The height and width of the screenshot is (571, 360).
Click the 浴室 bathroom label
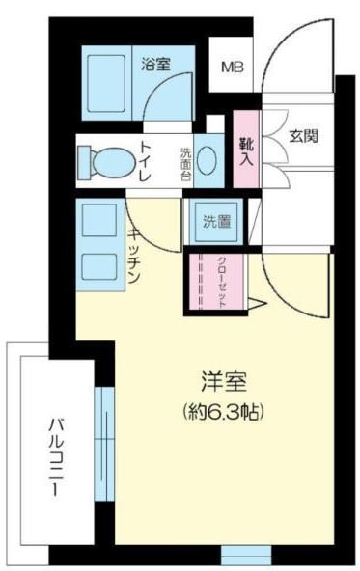[156, 65]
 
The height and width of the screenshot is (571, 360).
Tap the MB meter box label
[232, 67]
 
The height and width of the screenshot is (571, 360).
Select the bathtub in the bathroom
[106, 83]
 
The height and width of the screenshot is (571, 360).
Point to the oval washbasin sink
[208, 161]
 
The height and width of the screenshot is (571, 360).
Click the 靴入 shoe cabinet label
[246, 151]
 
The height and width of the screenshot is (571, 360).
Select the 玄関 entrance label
[303, 136]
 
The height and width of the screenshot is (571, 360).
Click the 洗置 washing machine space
[217, 222]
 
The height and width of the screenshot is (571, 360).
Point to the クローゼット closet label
[221, 283]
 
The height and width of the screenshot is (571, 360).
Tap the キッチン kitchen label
[134, 256]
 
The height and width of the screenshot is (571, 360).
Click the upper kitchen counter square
[99, 220]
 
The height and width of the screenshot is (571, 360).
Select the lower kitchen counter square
[99, 267]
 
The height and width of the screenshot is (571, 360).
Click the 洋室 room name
[223, 382]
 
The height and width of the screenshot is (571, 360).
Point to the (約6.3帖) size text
[223, 412]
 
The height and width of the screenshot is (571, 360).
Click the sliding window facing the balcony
[104, 444]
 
